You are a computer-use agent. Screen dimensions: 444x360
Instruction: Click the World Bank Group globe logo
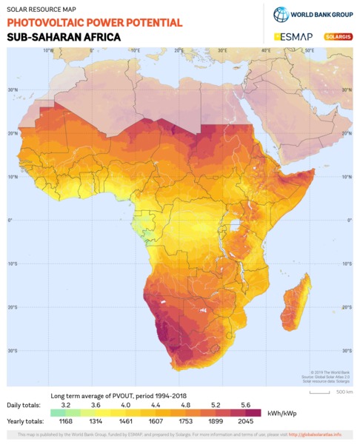[281, 14]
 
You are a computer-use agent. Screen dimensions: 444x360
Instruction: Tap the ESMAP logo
[293, 36]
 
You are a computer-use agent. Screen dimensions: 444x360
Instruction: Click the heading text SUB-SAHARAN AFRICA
[59, 37]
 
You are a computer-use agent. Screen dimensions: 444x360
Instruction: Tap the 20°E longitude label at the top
[179, 50]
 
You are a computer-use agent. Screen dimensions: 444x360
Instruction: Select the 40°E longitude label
[265, 50]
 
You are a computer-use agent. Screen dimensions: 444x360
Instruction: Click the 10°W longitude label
[48, 50]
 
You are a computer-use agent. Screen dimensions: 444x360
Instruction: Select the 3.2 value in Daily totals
[65, 406]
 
